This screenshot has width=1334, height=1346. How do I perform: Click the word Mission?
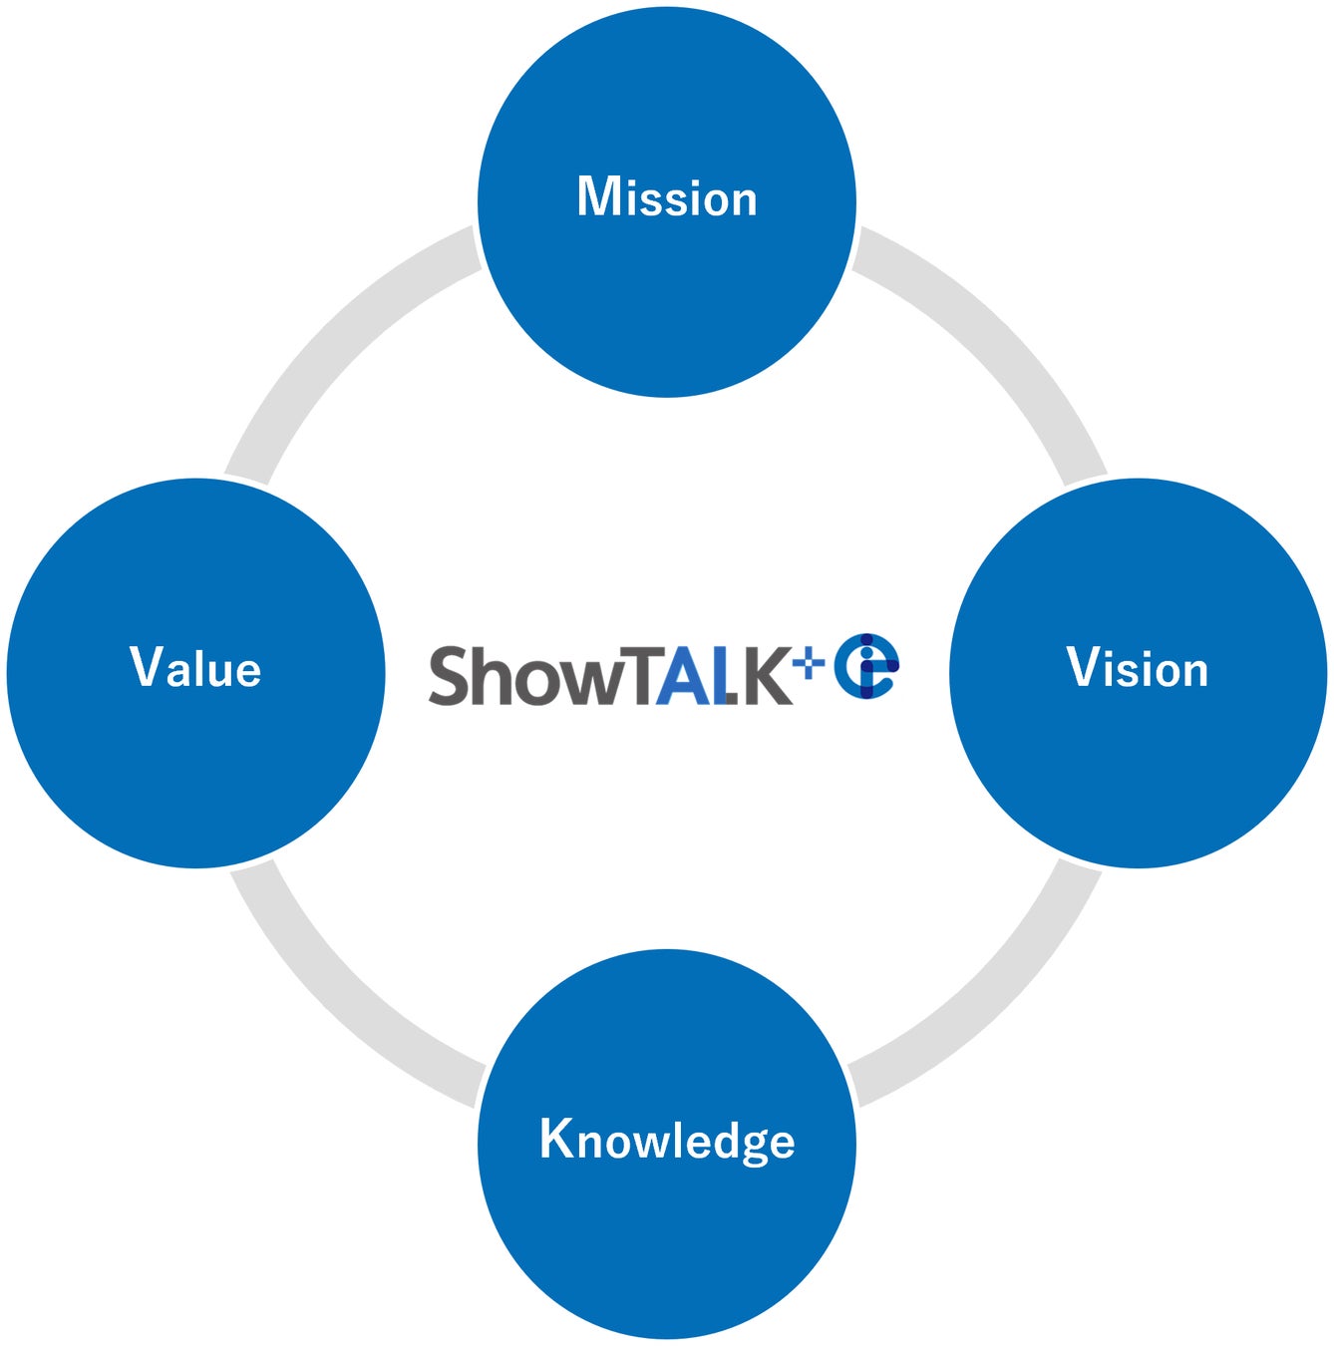[667, 197]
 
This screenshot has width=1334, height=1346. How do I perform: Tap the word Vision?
[1138, 668]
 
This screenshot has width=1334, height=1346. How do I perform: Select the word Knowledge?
[667, 1140]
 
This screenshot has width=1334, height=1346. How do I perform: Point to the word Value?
[195, 668]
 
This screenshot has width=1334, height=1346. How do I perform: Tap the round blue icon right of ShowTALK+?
[866, 666]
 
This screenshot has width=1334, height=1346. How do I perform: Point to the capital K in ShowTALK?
[768, 676]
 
